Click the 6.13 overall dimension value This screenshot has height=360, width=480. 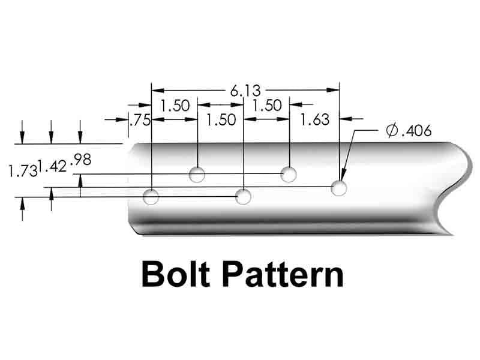(244, 91)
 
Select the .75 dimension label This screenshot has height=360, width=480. (139, 120)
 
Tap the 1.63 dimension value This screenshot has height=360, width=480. (315, 119)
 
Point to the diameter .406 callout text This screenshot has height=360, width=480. (409, 131)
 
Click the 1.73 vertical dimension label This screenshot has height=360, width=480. (22, 171)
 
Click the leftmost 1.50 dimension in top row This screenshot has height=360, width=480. (175, 106)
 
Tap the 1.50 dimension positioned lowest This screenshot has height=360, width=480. (221, 119)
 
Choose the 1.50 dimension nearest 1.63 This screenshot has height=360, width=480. (267, 106)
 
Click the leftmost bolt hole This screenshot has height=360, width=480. (152, 196)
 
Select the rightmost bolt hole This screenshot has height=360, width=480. (340, 188)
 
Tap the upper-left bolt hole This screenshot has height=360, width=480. (197, 175)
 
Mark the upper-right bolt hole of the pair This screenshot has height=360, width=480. (289, 175)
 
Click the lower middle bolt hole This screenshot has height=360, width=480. (243, 196)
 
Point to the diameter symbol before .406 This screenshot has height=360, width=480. (392, 131)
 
